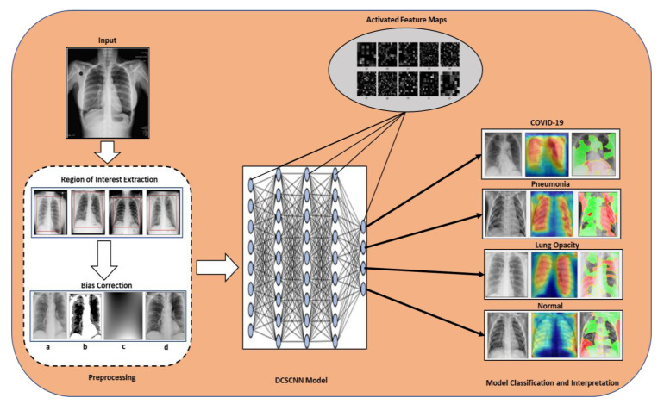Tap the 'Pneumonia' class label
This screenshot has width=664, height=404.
552,183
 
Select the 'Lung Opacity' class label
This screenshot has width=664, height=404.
552,245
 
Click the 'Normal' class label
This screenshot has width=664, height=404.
552,304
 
